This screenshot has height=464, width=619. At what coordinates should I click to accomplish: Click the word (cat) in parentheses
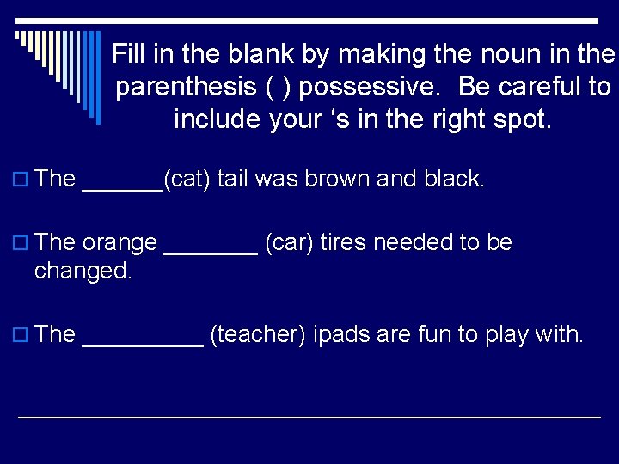coord(187,180)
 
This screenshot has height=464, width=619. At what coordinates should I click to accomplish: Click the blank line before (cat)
coord(121,187)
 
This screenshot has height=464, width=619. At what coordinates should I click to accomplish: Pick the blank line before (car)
coord(210,251)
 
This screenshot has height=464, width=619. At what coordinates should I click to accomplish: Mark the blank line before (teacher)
coord(142,342)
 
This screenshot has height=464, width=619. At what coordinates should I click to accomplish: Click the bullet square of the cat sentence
coord(21,180)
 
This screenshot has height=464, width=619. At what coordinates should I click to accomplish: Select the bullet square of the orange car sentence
coord(21,243)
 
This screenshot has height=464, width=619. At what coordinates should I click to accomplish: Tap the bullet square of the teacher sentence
coord(21,335)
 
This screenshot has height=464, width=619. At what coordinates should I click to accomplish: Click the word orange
coord(120,243)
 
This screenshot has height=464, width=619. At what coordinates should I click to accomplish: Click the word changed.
coord(83,272)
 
